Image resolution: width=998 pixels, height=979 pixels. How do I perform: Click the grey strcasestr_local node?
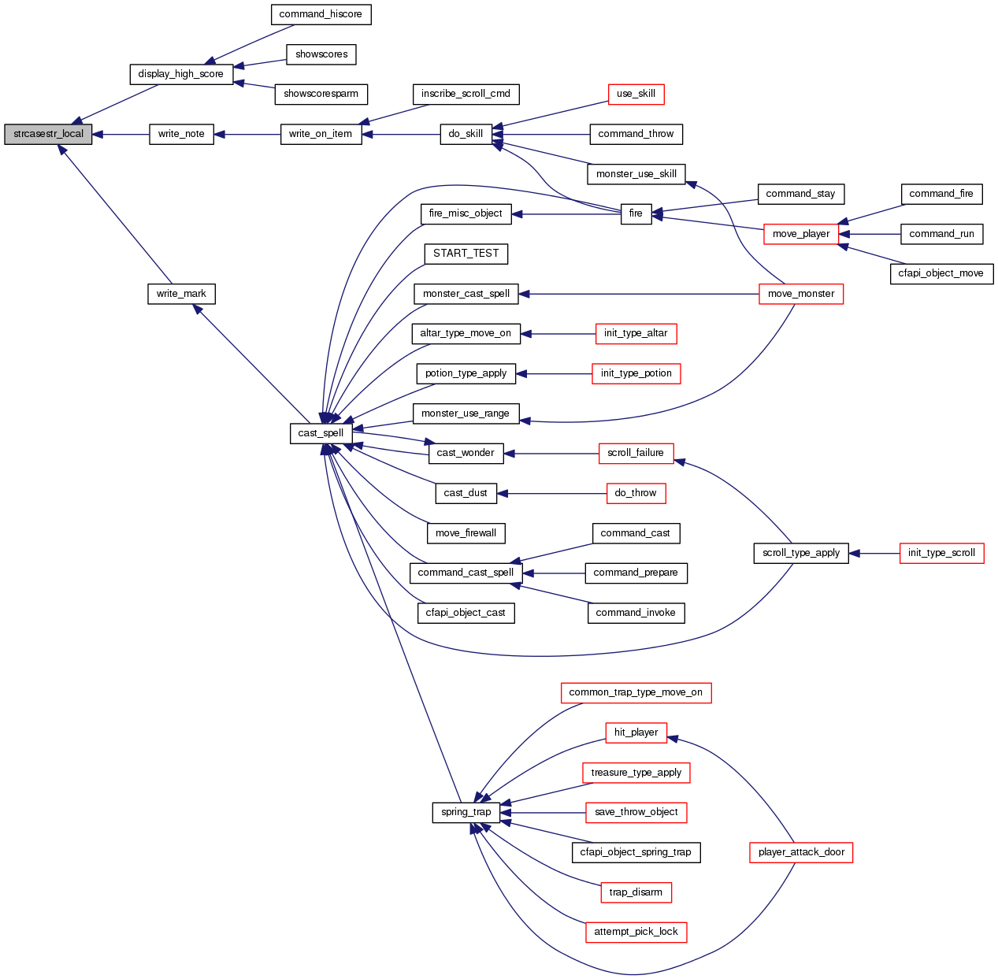[48, 134]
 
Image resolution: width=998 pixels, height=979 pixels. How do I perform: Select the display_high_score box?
[180, 74]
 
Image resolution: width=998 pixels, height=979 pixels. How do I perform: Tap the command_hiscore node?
[321, 14]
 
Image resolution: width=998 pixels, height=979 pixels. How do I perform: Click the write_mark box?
[181, 294]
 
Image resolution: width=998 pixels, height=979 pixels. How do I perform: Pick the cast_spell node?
[321, 433]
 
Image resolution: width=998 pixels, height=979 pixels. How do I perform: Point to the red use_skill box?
[636, 94]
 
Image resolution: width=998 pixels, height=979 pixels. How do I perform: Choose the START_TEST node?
[466, 254]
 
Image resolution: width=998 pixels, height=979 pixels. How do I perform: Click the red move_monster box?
[801, 294]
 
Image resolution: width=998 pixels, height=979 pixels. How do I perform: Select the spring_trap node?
[466, 812]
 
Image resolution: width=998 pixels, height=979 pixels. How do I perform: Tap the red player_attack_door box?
[801, 852]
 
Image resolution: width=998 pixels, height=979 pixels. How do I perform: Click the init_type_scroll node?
[941, 553]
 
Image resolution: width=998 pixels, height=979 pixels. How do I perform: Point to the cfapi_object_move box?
[941, 273]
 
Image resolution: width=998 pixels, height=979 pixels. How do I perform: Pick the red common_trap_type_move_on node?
[636, 692]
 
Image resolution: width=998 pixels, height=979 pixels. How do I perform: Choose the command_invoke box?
[636, 613]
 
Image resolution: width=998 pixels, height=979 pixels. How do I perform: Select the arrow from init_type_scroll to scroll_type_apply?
[874, 553]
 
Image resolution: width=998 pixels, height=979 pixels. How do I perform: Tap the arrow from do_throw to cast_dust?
[551, 493]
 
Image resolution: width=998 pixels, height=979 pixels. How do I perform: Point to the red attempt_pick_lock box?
[636, 932]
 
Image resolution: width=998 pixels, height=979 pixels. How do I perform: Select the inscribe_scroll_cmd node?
[466, 94]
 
